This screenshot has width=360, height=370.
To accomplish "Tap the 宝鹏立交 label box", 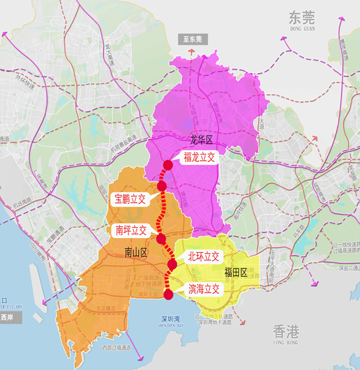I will (x=130, y=199).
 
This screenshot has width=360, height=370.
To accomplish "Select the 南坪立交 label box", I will (x=131, y=231).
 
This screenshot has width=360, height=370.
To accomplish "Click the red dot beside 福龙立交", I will (x=168, y=165).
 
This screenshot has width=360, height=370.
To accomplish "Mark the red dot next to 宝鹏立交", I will (x=161, y=186).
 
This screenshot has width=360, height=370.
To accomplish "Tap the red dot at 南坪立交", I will (x=161, y=239).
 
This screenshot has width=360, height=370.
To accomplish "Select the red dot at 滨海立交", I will (x=168, y=294).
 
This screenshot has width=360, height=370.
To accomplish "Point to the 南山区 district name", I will (x=136, y=252).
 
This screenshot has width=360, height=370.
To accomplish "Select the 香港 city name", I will (x=286, y=331).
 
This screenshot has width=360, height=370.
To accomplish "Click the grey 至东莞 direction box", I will (x=190, y=39).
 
